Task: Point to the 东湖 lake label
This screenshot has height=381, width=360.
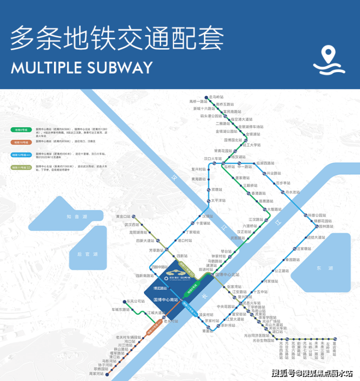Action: click(x=320, y=268)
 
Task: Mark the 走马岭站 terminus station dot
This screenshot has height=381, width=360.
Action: click(x=205, y=98)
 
